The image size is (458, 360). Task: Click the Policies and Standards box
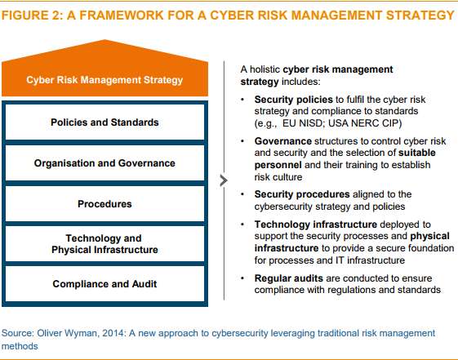[104, 122]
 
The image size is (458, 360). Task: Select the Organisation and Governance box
[104, 163]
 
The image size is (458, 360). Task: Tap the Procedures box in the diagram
[104, 204]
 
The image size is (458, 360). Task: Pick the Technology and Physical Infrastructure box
[104, 244]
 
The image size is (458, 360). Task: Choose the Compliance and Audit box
[104, 284]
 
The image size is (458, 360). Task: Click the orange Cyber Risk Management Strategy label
[104, 80]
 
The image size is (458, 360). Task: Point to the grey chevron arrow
[224, 180]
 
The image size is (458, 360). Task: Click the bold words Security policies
[293, 100]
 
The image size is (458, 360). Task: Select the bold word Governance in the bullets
[282, 141]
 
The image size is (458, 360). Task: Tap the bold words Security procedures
[302, 194]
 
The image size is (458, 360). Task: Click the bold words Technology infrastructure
[315, 224]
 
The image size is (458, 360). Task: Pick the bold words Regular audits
[288, 278]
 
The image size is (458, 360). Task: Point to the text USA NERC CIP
[363, 123]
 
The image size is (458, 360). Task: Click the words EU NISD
[302, 123]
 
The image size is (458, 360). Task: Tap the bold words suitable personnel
[345, 159]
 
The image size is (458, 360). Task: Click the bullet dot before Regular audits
[242, 278]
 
